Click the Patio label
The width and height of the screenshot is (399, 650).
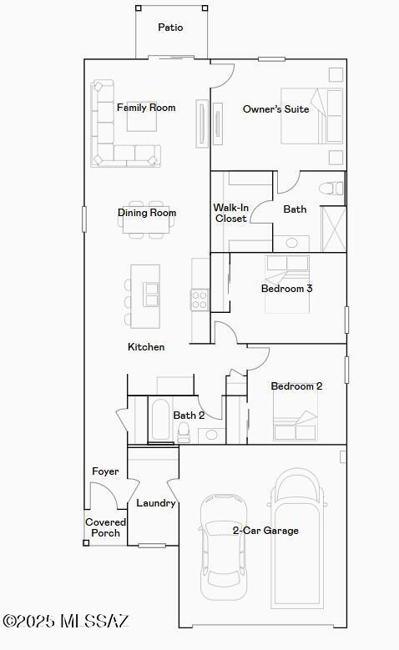170,28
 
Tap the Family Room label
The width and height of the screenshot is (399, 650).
146,108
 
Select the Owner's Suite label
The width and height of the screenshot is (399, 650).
275,109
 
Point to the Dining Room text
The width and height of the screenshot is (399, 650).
147,213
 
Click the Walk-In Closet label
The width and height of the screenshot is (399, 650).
230,213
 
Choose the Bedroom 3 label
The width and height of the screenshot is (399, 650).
286,289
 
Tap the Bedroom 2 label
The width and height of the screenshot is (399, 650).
296,386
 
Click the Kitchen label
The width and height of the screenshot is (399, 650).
146,347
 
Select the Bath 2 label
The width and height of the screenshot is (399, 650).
189,416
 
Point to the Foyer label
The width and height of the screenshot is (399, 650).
105,471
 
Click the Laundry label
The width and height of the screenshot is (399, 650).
155,503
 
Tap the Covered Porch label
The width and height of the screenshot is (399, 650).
105,527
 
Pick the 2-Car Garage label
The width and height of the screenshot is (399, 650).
265,531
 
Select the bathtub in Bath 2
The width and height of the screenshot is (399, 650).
160,421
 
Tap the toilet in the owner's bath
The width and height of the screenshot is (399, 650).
333,189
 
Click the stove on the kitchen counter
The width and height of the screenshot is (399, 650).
199,299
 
